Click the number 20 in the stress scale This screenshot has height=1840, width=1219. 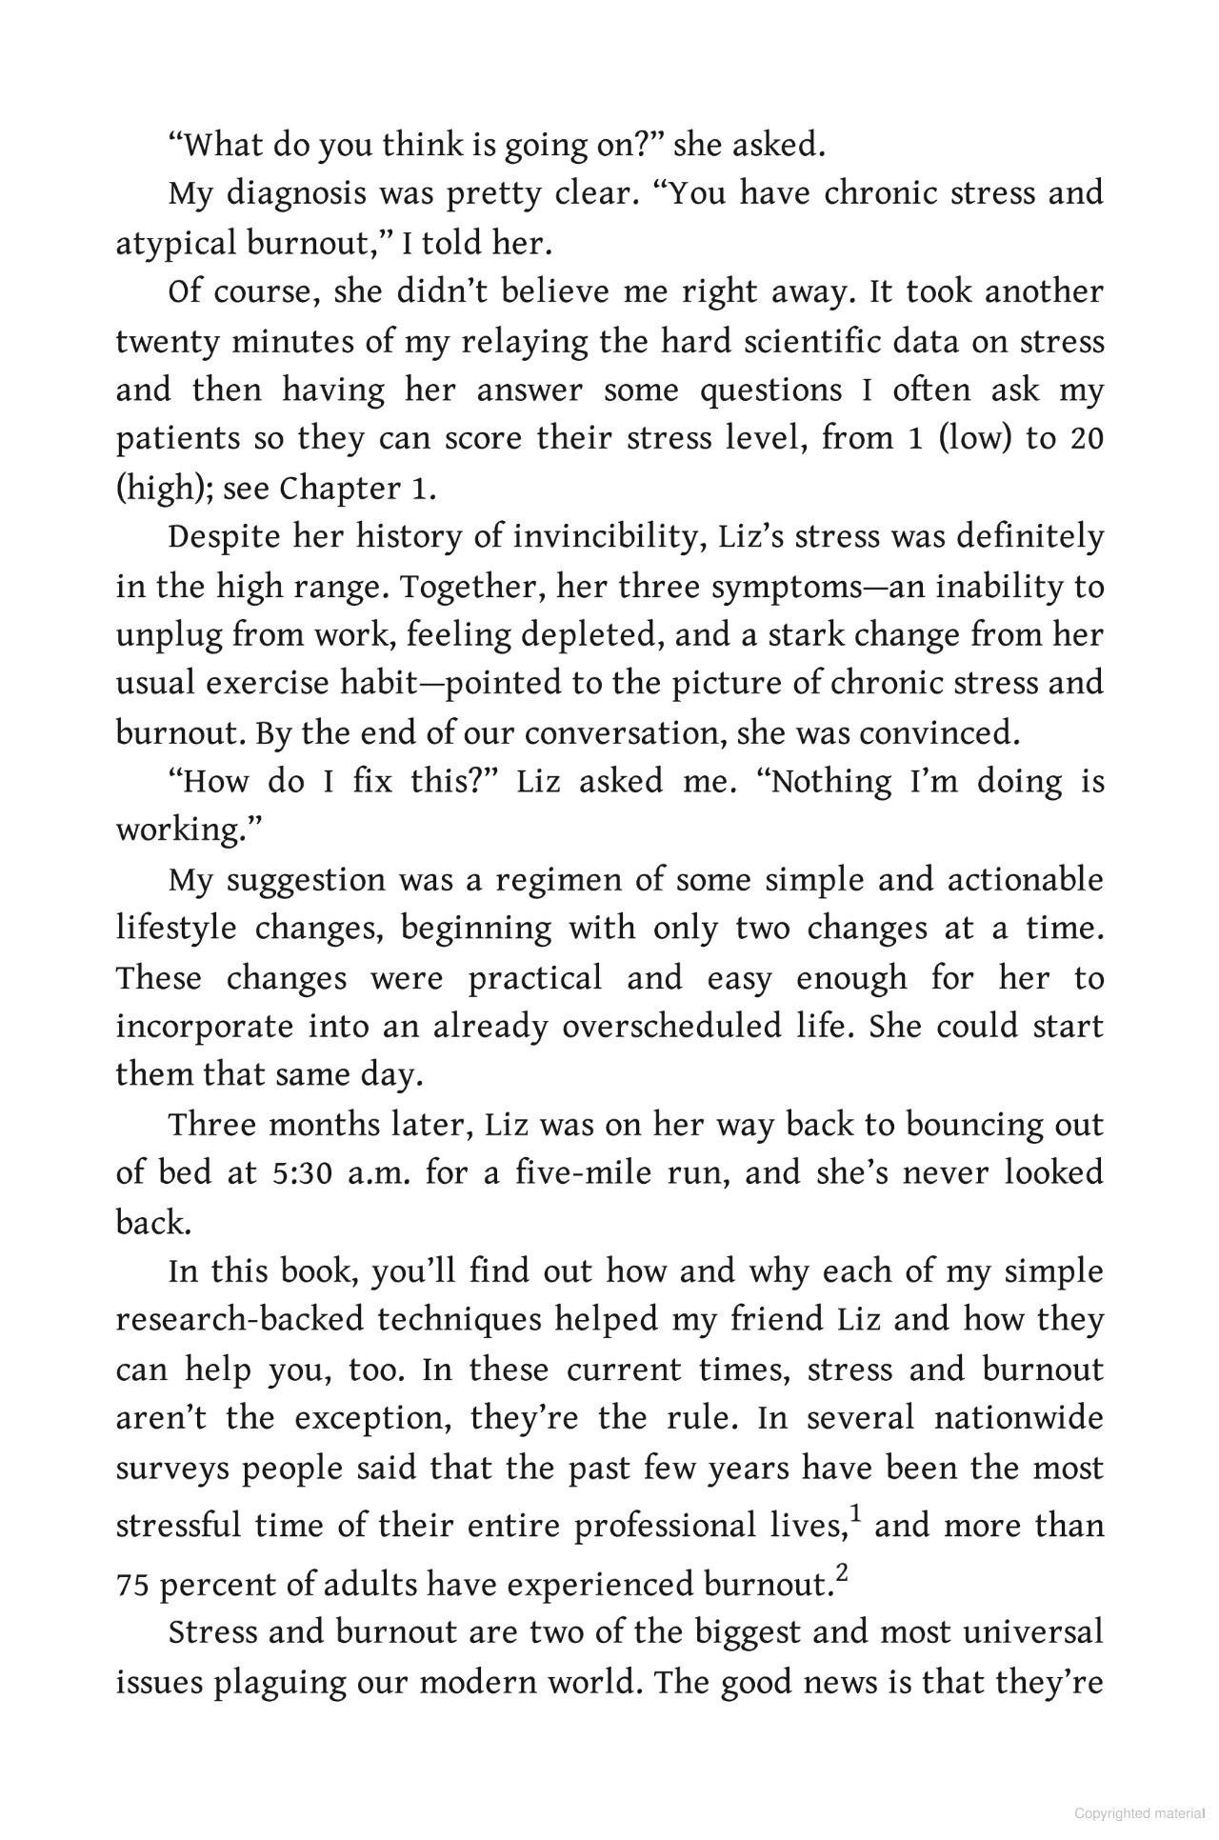(x=1087, y=440)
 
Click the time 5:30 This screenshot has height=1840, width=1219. (x=302, y=1173)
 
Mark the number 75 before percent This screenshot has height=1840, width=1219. (x=132, y=1586)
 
